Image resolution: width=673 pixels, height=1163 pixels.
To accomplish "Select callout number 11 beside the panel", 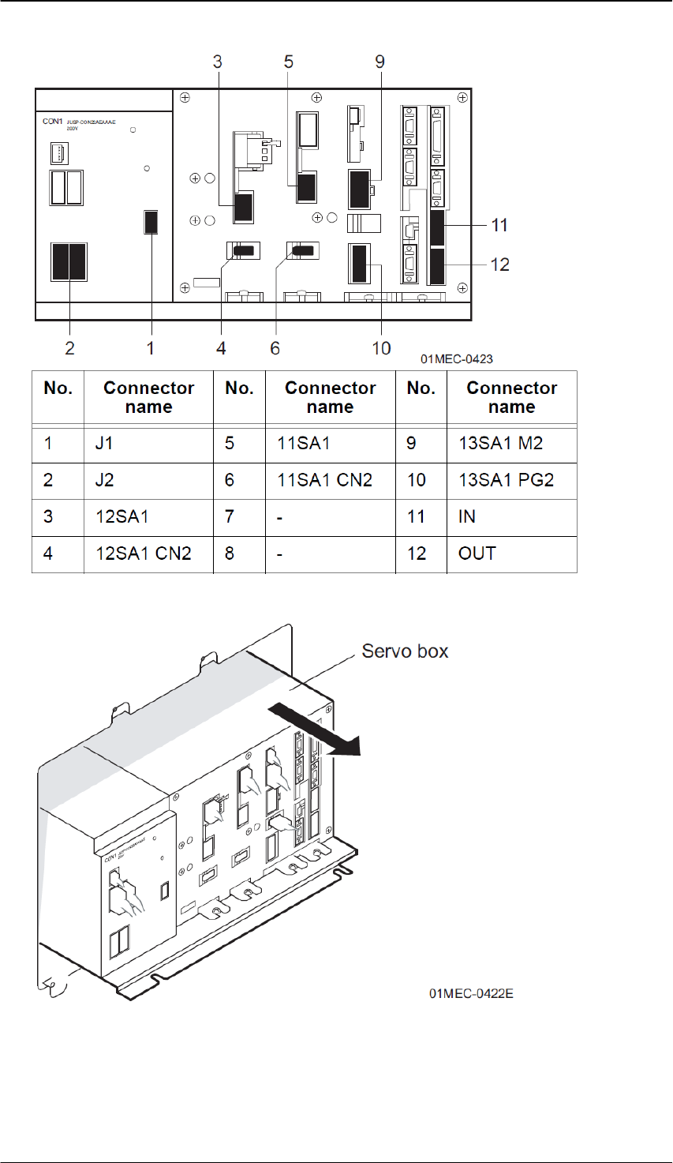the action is click(499, 225).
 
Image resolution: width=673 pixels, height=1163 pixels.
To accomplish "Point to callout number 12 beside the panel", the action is click(500, 264).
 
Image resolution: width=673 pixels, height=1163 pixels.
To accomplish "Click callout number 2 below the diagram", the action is click(69, 347).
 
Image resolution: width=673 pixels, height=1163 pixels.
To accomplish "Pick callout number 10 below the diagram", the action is click(381, 347).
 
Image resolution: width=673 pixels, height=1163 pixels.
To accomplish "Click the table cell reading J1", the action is click(103, 443).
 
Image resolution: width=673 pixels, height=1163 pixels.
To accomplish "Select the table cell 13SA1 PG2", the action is click(506, 480).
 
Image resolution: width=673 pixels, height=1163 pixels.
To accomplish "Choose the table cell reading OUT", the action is click(477, 553).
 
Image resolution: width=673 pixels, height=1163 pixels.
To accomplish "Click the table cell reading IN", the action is click(467, 517).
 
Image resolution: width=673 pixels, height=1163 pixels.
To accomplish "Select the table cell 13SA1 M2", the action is click(500, 443).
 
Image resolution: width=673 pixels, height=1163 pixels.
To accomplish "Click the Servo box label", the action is click(405, 651).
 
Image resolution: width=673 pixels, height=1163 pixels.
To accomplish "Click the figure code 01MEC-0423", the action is click(457, 359).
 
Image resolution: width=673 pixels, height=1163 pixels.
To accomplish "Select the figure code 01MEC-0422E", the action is click(471, 993).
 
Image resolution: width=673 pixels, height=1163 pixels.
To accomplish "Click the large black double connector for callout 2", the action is click(69, 262).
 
